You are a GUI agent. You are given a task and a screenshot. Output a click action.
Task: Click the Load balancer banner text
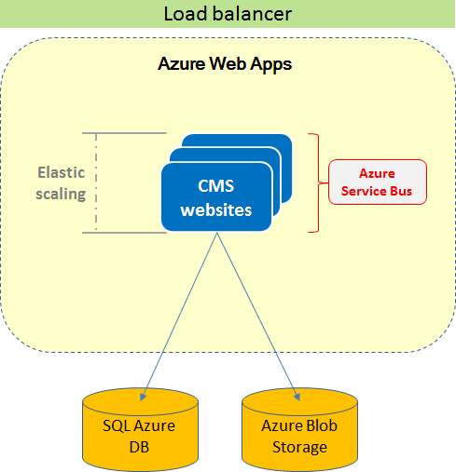pyautogui.click(x=228, y=14)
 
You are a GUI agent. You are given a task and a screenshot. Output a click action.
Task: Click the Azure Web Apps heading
pyautogui.click(x=225, y=64)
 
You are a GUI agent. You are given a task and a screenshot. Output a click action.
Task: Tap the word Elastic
pyautogui.click(x=62, y=172)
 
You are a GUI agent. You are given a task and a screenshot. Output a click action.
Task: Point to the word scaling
pyautogui.click(x=61, y=194)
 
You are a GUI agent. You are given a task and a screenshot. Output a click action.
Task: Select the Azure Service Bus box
pyautogui.click(x=378, y=182)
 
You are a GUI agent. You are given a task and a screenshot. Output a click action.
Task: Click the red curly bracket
pyautogui.click(x=319, y=182)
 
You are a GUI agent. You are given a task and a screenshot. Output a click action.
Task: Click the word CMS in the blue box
pyautogui.click(x=216, y=186)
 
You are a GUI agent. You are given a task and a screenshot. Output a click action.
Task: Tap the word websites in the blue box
pyautogui.click(x=216, y=210)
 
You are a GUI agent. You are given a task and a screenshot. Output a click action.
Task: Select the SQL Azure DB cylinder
pyautogui.click(x=140, y=429)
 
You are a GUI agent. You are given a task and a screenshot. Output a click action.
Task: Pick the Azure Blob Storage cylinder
pyautogui.click(x=299, y=429)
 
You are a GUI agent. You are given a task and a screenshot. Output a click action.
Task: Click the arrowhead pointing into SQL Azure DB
pyautogui.click(x=143, y=397)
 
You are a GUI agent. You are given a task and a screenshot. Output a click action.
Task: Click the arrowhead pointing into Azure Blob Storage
pyautogui.click(x=297, y=397)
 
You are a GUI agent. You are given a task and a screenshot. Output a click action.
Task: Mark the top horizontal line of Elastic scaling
pyautogui.click(x=124, y=133)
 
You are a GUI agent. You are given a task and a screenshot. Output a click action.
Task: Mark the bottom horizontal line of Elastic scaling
pyautogui.click(x=124, y=233)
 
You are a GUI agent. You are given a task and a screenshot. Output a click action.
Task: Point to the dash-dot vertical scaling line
pyautogui.click(x=96, y=182)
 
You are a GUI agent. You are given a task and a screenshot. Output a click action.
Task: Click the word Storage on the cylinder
pyautogui.click(x=299, y=448)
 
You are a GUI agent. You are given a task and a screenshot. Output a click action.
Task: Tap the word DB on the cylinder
pyautogui.click(x=139, y=447)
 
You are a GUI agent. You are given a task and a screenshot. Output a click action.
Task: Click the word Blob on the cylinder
pyautogui.click(x=322, y=425)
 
